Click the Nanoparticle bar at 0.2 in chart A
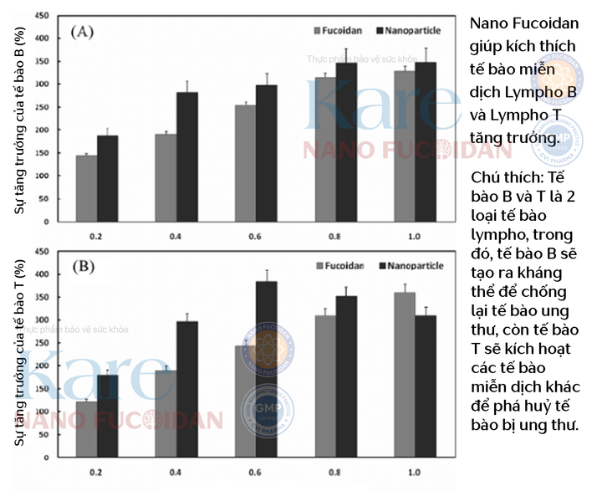107,172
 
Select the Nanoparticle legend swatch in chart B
384,266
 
